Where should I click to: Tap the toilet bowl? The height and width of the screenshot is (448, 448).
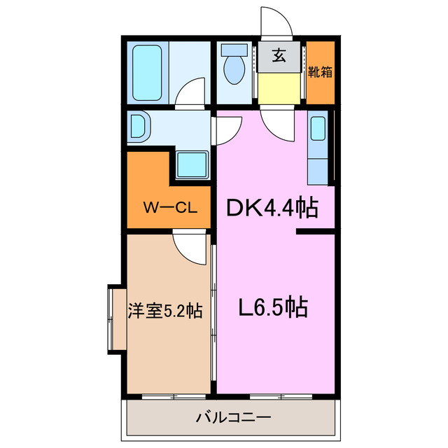coord(232,71)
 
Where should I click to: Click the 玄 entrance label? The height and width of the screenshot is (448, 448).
coord(279,55)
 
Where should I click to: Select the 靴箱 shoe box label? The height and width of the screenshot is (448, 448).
coord(321,71)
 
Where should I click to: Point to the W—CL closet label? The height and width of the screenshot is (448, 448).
coord(168,207)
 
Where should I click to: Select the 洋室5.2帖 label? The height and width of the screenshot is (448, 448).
coord(165,310)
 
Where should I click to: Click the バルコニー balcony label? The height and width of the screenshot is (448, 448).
coord(232,419)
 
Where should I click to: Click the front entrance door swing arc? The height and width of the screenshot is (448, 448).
coord(277,22)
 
